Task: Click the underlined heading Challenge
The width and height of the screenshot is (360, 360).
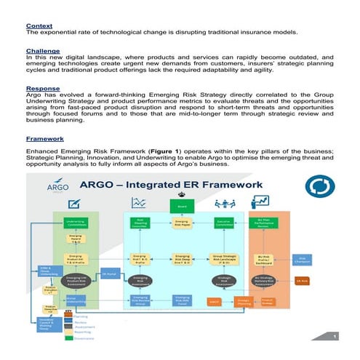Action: [x=41, y=52]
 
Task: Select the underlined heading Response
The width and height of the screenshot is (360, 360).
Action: [x=41, y=89]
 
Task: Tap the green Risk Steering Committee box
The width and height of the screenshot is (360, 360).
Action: [x=139, y=222]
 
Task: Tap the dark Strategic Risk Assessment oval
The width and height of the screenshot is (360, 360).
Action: [x=224, y=279]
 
